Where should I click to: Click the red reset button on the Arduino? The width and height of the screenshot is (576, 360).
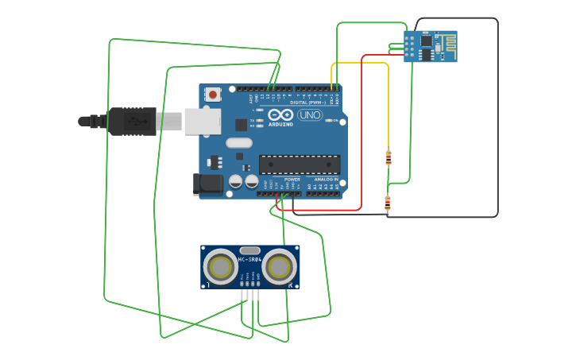click(212, 95)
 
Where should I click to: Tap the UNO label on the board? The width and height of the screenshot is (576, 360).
click(309, 115)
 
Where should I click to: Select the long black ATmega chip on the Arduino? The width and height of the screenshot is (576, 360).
click(300, 165)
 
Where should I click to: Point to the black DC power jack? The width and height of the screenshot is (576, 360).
click(209, 184)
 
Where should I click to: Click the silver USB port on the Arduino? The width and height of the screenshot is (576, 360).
click(203, 122)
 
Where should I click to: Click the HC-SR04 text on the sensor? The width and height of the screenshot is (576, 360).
click(249, 260)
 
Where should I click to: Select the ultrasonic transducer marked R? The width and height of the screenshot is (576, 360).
click(280, 268)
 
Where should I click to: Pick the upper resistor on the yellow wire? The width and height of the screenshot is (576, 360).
click(388, 157)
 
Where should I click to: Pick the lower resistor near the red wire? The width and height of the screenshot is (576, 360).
click(388, 202)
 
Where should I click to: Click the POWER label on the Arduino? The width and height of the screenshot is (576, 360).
click(292, 180)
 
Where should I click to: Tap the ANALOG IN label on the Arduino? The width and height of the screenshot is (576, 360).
click(326, 180)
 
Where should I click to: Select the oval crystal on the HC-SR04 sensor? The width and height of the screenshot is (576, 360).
click(249, 250)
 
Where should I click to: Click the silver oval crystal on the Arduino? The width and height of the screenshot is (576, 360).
click(238, 143)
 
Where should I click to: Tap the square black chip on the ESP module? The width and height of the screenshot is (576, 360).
click(427, 41)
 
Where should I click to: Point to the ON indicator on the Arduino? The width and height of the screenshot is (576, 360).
click(334, 120)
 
